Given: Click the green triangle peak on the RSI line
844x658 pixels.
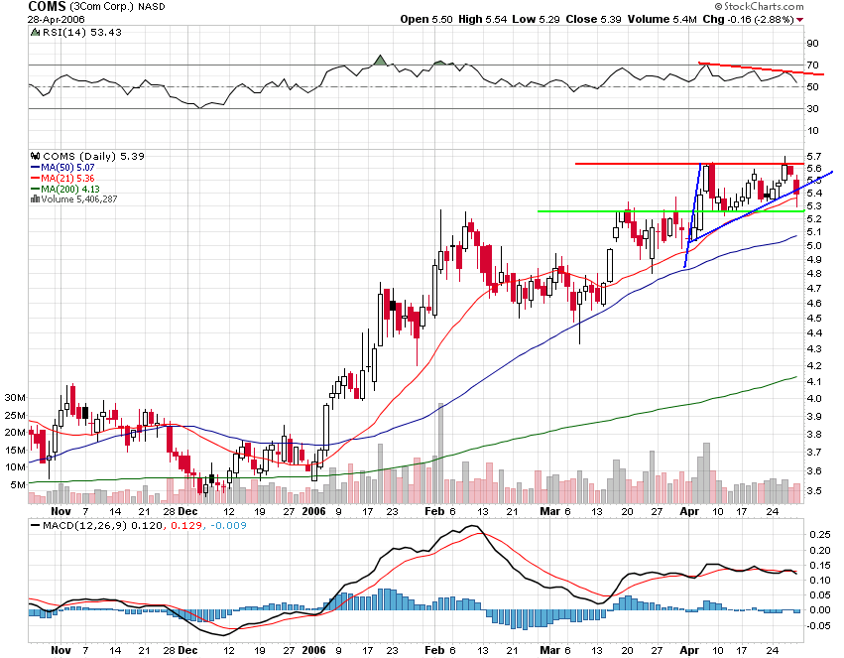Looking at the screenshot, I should click(x=380, y=60).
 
